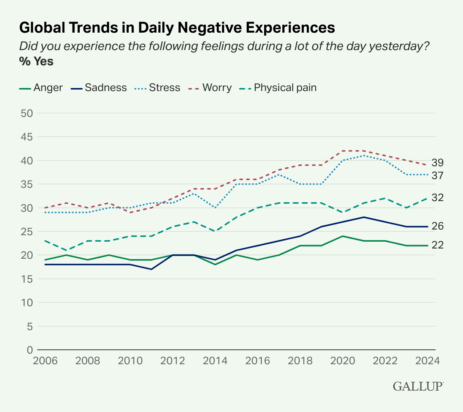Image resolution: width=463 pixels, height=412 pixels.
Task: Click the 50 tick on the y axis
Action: point(25,113)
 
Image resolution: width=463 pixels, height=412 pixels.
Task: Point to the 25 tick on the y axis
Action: point(25,231)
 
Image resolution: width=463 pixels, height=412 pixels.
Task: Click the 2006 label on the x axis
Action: point(45,360)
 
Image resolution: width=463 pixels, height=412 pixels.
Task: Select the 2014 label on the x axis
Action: point(215,360)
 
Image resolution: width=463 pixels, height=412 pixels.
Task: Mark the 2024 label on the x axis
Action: point(427,360)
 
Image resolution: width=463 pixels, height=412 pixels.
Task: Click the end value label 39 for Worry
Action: point(438,163)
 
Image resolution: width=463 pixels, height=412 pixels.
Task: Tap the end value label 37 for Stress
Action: point(438,175)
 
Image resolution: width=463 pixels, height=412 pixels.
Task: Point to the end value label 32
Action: point(438,198)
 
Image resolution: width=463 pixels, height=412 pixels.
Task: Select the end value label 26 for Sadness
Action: point(438,226)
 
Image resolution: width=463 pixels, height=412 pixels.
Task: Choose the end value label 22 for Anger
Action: point(438,245)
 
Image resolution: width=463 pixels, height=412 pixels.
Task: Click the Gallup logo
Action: point(418,387)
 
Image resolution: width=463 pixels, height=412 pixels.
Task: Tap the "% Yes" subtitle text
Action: point(36,61)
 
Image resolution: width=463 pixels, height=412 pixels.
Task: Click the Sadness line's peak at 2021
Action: point(364,217)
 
